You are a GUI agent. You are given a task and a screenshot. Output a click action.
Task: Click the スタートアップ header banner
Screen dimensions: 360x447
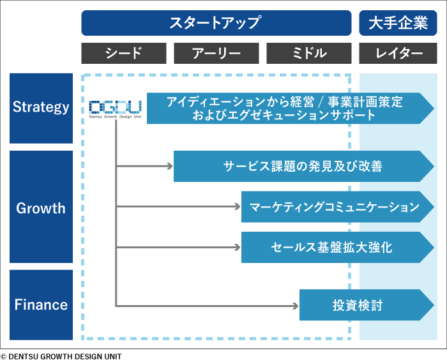coord(216,23)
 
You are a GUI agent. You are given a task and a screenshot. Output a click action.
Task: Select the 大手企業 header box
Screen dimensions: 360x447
coord(398,23)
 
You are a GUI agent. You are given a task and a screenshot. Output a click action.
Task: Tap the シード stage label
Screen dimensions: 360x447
coord(124,54)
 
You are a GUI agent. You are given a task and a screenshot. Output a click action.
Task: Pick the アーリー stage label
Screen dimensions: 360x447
coord(216,54)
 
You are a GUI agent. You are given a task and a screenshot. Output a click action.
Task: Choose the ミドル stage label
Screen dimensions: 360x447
coord(308,54)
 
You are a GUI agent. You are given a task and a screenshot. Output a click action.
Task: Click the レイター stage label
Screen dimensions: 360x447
coord(398,54)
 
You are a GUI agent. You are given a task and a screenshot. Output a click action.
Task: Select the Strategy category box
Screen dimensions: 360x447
coord(41,108)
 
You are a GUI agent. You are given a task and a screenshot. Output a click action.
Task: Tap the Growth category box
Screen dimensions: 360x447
coord(41,208)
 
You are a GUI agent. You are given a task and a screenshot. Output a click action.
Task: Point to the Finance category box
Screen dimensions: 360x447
coord(41,305)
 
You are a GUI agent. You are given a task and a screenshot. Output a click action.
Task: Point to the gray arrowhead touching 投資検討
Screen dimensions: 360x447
coord(296,306)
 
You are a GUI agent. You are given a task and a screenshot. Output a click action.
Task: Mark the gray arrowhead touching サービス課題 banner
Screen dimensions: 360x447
coord(170,167)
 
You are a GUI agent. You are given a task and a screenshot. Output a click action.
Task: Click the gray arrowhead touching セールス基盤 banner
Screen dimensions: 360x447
coord(238,247)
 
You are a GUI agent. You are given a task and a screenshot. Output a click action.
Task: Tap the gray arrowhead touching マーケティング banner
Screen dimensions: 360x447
coord(238,207)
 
